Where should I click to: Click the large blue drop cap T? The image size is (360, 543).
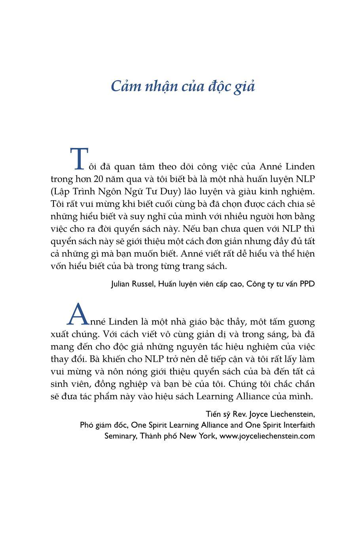coord(79,159)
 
